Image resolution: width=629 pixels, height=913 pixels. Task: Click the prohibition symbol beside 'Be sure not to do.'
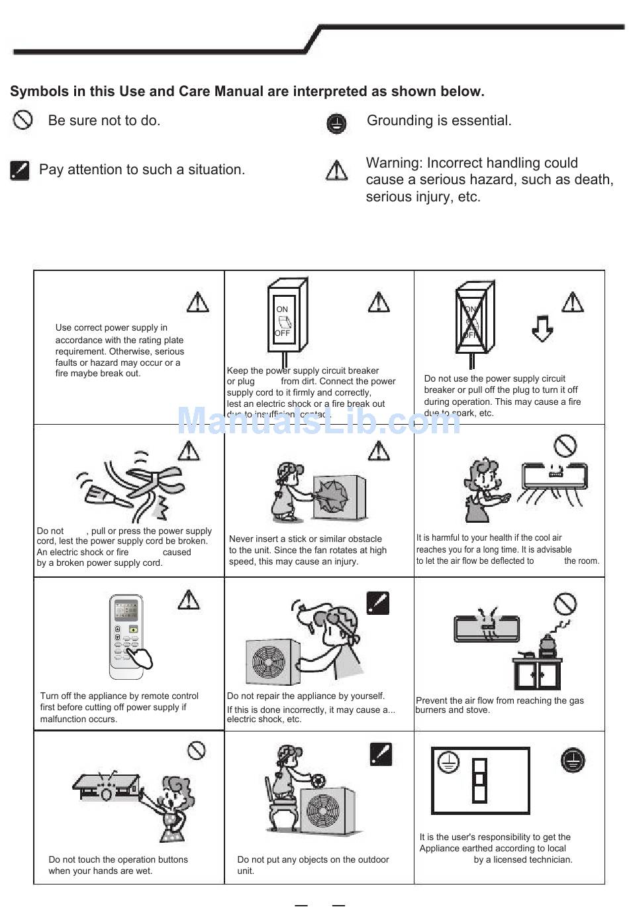(23, 120)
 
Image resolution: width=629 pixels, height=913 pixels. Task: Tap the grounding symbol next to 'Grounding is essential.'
(337, 123)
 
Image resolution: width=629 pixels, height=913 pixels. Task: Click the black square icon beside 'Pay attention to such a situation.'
(20, 170)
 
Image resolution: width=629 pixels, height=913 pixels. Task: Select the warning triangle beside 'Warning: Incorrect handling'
(337, 171)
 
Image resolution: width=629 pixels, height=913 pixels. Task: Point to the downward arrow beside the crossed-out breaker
(542, 328)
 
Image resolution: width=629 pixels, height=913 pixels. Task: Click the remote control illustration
(127, 636)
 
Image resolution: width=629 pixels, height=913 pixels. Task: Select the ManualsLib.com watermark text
(319, 420)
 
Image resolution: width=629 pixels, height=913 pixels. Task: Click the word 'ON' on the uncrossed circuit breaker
(282, 309)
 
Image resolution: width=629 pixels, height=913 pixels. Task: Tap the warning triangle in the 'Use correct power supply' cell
(197, 302)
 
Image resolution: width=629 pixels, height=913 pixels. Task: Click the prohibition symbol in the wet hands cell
(197, 750)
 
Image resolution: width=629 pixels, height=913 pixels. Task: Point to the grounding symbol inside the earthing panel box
(449, 762)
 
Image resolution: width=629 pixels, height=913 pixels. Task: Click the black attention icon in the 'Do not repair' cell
(377, 603)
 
